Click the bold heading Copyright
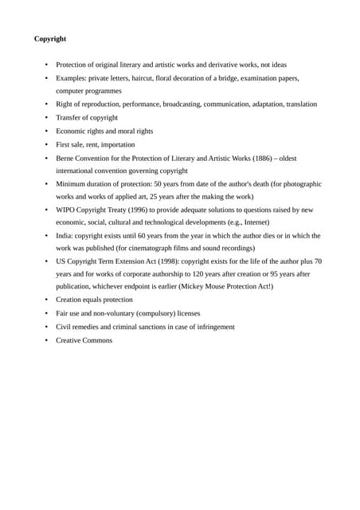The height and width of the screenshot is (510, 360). pyautogui.click(x=50, y=38)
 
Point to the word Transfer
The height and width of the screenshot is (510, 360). pyautogui.click(x=68, y=118)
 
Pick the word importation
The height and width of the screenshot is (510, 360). pyautogui.click(x=116, y=144)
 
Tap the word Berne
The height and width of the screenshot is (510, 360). pyautogui.click(x=66, y=158)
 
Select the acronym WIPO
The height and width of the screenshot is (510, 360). pyautogui.click(x=66, y=210)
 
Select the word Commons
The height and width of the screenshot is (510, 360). pyautogui.click(x=97, y=340)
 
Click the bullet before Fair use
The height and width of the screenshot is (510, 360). pyautogui.click(x=46, y=314)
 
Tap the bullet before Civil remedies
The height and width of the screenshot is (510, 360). pyautogui.click(x=46, y=327)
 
